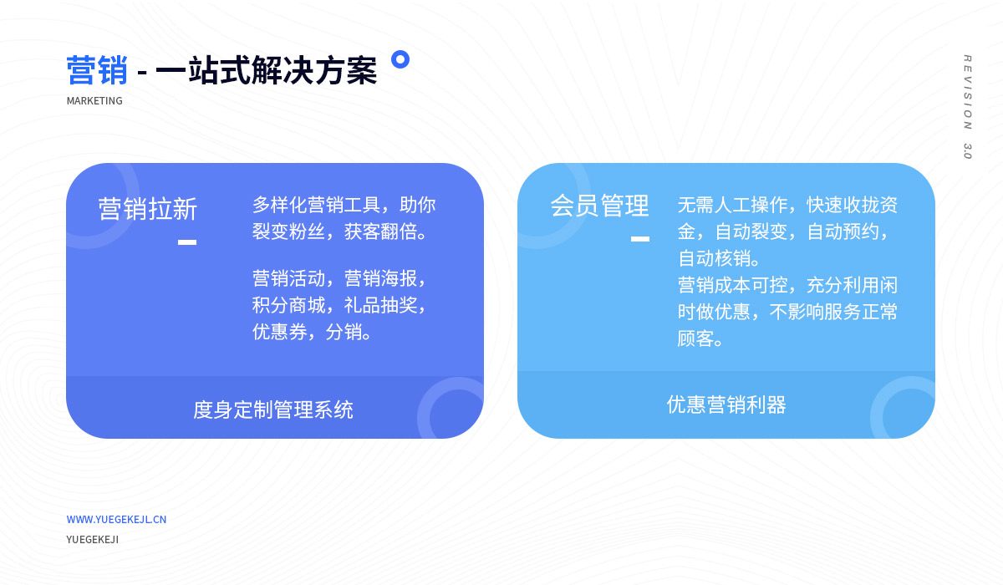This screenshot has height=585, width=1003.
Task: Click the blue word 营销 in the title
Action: [x=97, y=70]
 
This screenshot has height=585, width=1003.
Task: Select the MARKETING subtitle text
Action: [x=94, y=101]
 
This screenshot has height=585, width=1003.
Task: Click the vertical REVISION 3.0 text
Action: [x=967, y=106]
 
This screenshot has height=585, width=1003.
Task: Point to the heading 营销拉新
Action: [x=148, y=209]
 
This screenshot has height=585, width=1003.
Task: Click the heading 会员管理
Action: [x=599, y=206]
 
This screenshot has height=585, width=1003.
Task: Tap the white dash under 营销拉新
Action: [x=187, y=242]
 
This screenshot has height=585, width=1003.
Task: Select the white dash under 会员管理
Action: [x=640, y=239]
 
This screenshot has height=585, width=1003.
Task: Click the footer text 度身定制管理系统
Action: [x=273, y=409]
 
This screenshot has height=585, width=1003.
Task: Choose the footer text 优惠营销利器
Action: [x=726, y=404]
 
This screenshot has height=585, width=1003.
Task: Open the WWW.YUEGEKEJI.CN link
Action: [x=116, y=519]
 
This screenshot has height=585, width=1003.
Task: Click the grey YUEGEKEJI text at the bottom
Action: [x=93, y=539]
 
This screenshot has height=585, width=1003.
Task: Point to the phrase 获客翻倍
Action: [x=380, y=231]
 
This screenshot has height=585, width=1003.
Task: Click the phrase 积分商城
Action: [x=289, y=305]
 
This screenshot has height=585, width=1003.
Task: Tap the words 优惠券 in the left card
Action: [x=280, y=332]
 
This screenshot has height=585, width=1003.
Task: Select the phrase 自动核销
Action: [x=714, y=258]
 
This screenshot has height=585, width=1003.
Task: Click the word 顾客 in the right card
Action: [x=695, y=338]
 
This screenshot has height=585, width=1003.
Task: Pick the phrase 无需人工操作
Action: [x=732, y=205]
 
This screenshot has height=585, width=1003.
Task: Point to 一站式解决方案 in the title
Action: [x=267, y=70]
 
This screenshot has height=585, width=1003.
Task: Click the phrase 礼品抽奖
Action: [x=380, y=305]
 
